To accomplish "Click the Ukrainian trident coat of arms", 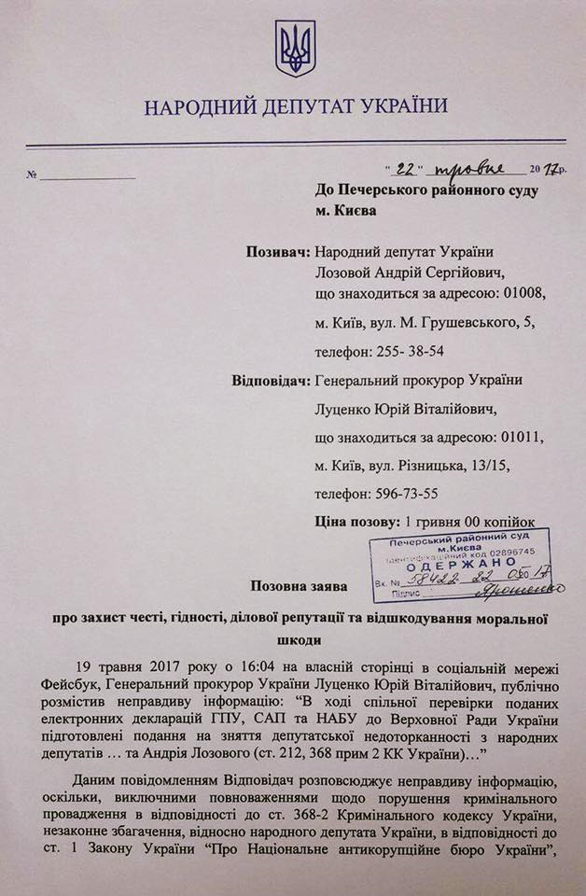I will pyautogui.click(x=295, y=49).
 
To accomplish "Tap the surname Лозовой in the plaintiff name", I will pyautogui.click(x=350, y=273).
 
